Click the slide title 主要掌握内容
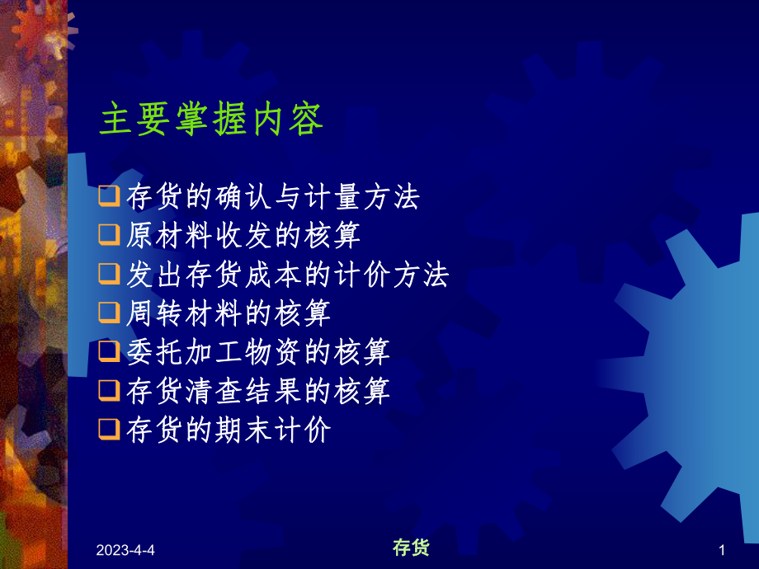click(x=211, y=120)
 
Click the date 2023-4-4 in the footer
click(x=125, y=550)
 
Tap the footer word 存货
click(x=410, y=548)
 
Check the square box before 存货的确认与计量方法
click(x=108, y=198)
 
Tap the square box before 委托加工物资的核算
click(x=108, y=352)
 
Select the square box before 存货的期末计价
click(x=108, y=430)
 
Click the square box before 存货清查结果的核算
click(x=108, y=391)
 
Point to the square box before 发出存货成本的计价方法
click(x=108, y=275)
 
